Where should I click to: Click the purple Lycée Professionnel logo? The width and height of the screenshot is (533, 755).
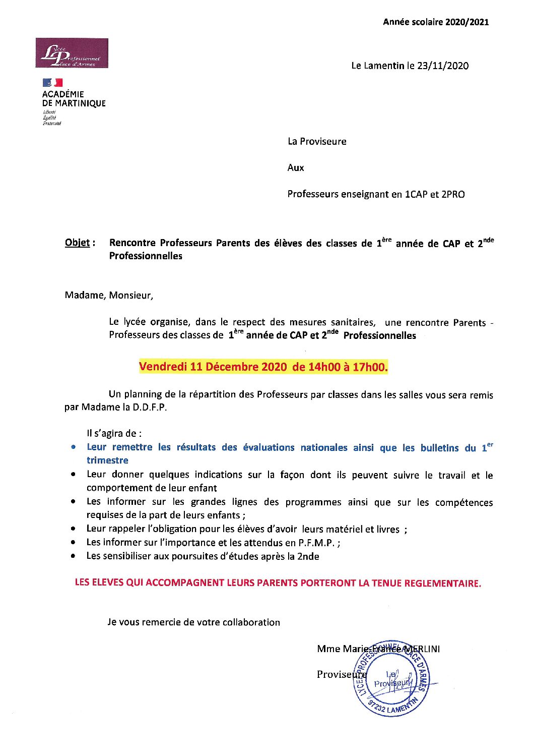72,53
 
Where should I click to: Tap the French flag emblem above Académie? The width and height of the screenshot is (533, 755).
52,82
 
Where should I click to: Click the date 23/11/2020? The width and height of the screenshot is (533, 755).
443,66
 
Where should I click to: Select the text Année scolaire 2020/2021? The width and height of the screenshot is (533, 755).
436,22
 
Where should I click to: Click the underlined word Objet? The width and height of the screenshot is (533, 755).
78,243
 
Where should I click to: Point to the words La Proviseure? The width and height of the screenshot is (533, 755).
317,141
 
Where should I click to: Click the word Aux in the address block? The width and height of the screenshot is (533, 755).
296,167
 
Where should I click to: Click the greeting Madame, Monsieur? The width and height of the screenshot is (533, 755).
109,295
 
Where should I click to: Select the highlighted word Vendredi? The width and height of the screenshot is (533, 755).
163,367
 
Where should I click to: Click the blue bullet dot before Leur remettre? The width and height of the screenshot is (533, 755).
74,447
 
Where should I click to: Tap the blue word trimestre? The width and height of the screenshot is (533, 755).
107,460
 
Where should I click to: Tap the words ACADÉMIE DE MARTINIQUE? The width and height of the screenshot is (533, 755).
74,98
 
